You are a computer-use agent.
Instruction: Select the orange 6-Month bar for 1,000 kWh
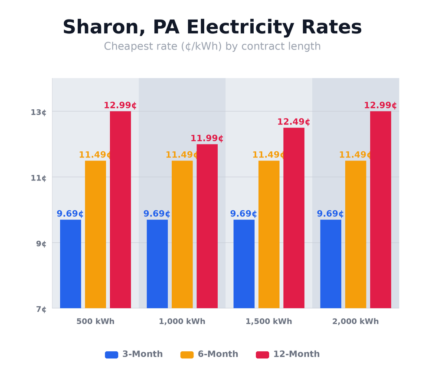click(182, 234)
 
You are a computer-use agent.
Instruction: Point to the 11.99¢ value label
click(207, 139)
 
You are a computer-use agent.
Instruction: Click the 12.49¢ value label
click(294, 122)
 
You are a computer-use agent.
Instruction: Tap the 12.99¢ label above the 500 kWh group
click(120, 106)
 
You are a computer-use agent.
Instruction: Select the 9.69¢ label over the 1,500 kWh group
click(243, 214)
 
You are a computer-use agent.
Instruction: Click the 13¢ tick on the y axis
click(38, 112)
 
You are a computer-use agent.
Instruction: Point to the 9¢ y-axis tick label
click(41, 244)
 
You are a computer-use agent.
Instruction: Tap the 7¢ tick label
click(41, 309)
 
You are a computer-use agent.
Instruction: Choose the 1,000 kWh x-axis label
click(182, 322)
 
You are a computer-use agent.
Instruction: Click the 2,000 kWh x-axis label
click(355, 322)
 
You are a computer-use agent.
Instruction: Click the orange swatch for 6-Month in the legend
click(187, 355)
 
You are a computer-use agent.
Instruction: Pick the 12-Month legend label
click(296, 354)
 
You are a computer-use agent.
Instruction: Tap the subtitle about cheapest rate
click(212, 47)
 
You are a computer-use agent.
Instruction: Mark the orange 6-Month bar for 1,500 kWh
click(269, 234)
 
